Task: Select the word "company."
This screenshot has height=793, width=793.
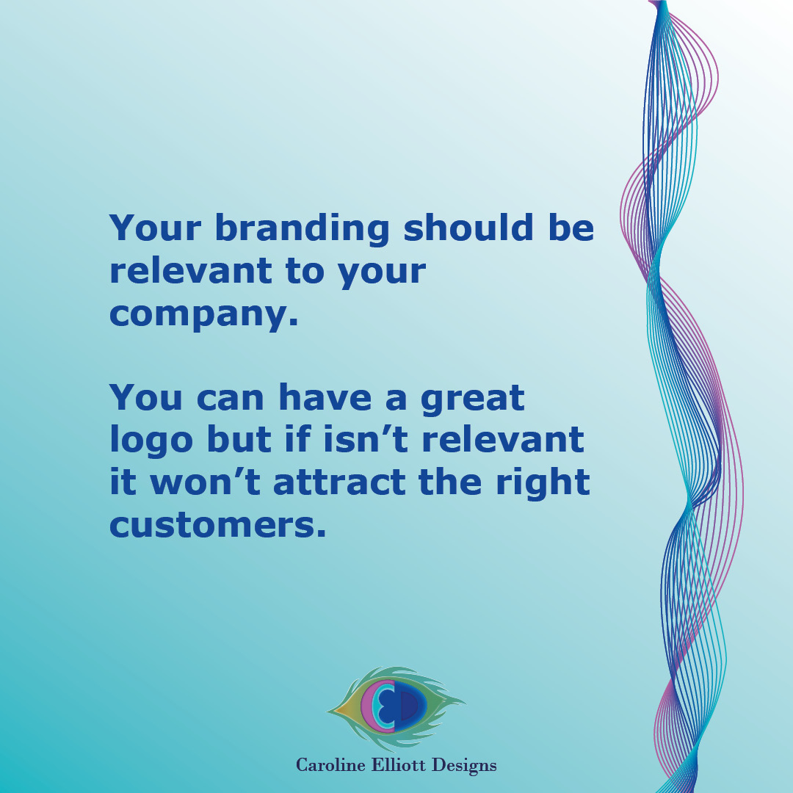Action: pyautogui.click(x=204, y=314)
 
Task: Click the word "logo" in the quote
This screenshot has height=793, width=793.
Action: pyautogui.click(x=151, y=441)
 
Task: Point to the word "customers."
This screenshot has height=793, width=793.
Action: pyautogui.click(x=217, y=524)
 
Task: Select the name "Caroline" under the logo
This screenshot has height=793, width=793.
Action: pyautogui.click(x=329, y=765)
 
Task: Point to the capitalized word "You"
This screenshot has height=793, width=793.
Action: pyautogui.click(x=147, y=397)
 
